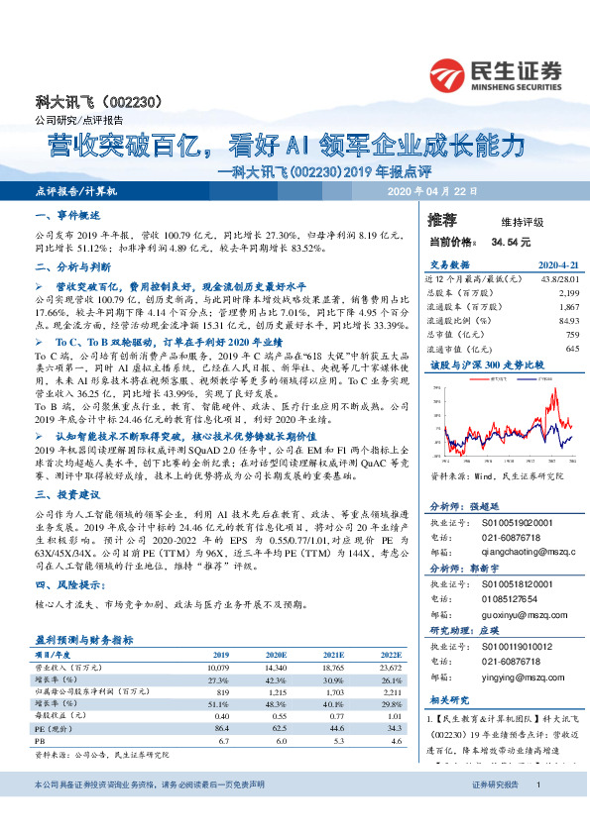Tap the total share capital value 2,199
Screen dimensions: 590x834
567,293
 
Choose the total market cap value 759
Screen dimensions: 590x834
571,335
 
